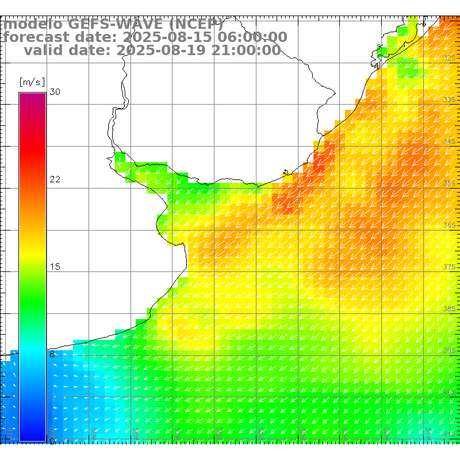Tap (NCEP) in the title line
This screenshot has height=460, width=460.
(196, 24)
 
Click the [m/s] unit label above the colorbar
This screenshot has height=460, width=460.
(32, 82)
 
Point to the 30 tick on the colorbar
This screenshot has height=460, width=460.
(55, 93)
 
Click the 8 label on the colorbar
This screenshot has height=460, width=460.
(52, 355)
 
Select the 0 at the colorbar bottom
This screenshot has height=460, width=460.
(52, 441)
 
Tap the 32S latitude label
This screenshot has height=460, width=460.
(449, 58)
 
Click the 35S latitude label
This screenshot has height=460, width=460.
(449, 183)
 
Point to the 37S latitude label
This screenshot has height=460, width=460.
(449, 267)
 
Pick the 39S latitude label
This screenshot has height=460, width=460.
(449, 350)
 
